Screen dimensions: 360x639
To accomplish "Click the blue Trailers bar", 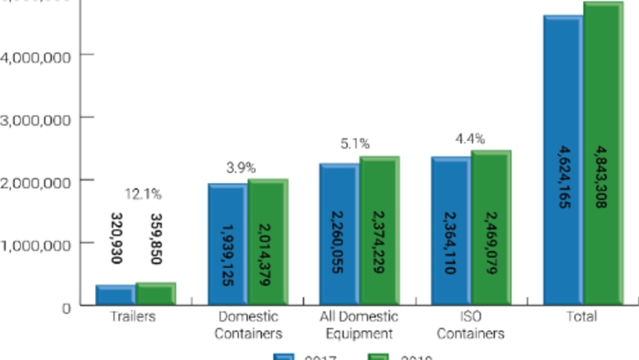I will point(115,295).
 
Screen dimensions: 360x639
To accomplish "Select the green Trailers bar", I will point(155,293).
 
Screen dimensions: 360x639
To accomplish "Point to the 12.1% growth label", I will point(143,194).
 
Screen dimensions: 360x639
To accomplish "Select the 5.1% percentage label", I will point(355,143).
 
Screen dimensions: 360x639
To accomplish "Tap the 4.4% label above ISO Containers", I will point(469,138).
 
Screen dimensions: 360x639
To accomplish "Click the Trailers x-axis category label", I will point(132,317).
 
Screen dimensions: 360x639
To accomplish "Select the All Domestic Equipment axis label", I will point(359,325).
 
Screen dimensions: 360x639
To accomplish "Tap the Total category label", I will point(582,317).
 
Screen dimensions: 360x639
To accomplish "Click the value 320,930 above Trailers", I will point(116,238).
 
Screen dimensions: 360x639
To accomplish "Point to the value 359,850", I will point(156,239).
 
